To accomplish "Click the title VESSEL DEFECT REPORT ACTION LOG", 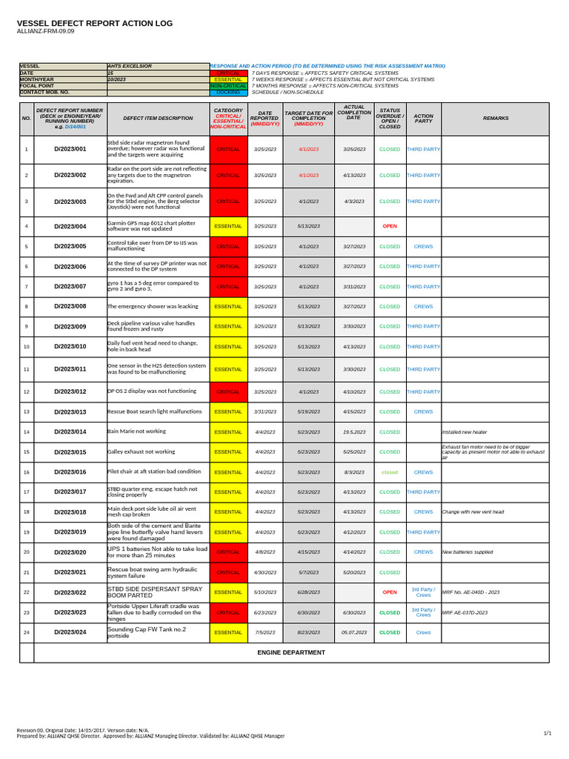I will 95,24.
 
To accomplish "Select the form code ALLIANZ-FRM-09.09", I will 46,32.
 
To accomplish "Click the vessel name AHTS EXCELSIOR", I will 130,66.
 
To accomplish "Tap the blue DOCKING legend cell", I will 228,92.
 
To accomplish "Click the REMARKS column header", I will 496,118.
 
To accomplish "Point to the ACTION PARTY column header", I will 424,118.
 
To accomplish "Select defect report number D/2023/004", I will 70,226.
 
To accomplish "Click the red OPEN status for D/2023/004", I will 390,226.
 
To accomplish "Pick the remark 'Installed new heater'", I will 464,431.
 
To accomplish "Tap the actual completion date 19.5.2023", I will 353,431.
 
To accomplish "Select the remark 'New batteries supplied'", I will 467,552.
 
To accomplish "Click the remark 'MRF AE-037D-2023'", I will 465,613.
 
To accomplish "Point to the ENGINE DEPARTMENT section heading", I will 291,652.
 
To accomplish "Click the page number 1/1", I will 548,733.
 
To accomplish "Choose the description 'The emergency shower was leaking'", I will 153,306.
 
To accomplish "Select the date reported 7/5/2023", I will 265,632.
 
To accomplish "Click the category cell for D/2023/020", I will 228,552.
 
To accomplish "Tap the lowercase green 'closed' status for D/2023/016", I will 390,472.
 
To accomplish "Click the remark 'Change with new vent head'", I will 473,512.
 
